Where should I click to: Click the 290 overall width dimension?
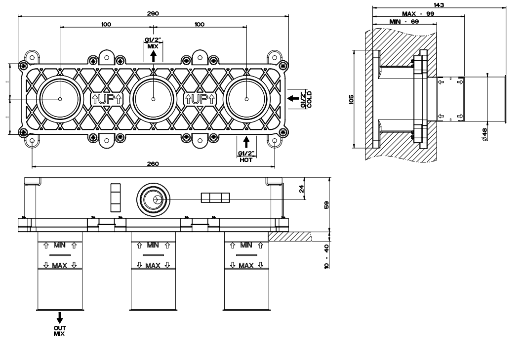153,13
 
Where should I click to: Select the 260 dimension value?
153,164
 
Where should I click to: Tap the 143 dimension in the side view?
439,5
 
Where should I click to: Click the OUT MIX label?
59,331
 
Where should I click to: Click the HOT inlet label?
245,160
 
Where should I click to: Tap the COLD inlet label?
309,99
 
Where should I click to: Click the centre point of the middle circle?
153,99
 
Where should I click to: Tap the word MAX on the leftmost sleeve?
59,265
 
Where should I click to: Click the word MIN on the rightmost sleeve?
246,245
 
